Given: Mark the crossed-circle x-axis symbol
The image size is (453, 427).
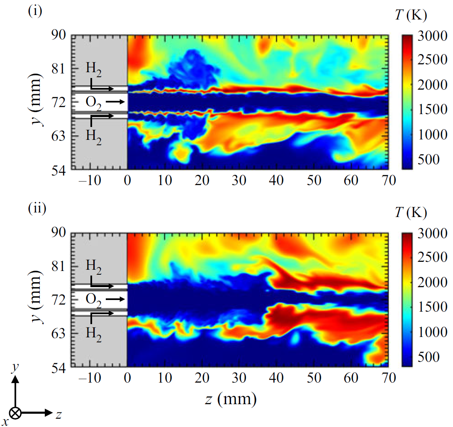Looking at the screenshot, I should coord(16,413).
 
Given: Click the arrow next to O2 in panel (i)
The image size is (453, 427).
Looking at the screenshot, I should coord(117,101).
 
